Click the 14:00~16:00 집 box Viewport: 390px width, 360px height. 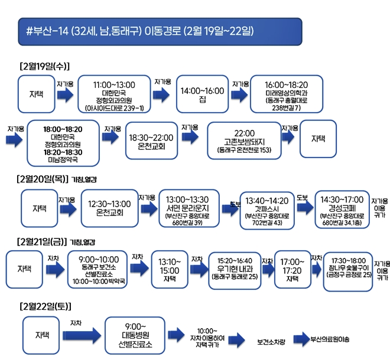coord(202,94)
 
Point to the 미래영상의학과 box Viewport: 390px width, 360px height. coord(286,94)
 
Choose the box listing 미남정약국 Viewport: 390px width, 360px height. coord(63,143)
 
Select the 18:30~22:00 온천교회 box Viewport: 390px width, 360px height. coord(151,140)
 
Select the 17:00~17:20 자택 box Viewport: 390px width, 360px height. coord(292,269)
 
